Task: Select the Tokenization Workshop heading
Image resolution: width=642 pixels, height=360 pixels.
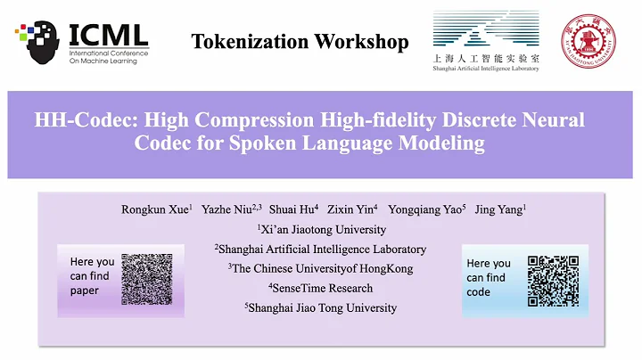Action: (300, 42)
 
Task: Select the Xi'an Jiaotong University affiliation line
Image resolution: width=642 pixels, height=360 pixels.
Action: (323, 229)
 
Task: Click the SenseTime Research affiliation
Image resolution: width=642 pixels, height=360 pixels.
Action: (322, 288)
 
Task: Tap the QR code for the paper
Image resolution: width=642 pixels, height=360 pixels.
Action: (146, 279)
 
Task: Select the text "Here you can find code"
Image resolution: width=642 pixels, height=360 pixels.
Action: (490, 277)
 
